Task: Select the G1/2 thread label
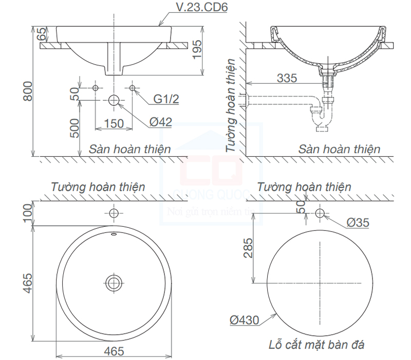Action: click(x=165, y=99)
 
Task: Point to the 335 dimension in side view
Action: click(x=287, y=78)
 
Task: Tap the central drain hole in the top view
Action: click(x=114, y=282)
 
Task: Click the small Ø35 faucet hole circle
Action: click(x=320, y=212)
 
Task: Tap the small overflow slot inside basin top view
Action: click(x=114, y=235)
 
